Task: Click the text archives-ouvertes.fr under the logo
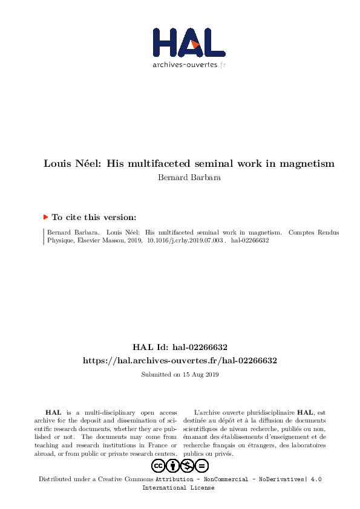point(189,65)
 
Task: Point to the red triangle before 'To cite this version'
point(45,216)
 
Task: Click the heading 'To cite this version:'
point(94,217)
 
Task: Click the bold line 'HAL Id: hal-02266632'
point(180,348)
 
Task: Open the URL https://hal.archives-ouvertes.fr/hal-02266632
point(180,360)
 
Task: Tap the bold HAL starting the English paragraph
point(53,412)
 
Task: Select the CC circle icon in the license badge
point(159,465)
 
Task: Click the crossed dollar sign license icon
point(188,465)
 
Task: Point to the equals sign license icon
point(202,465)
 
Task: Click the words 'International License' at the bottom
point(178,487)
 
